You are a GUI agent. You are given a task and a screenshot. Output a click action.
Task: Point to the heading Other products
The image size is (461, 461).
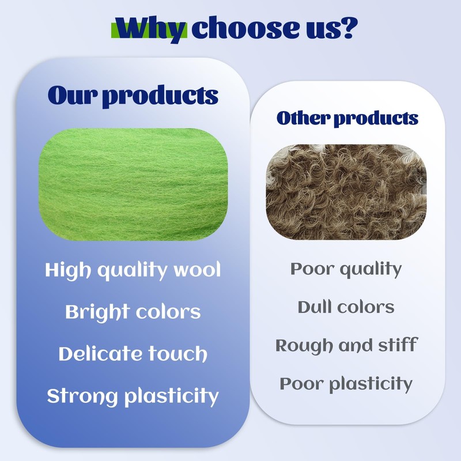tap(347, 118)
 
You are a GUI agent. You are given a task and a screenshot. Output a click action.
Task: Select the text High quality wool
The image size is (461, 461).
tap(133, 270)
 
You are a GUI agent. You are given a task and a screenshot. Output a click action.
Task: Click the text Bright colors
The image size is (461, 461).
tap(133, 312)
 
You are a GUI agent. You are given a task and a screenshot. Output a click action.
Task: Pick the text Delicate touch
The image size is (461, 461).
tap(133, 353)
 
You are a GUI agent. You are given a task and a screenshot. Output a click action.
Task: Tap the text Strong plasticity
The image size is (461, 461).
tap(133, 396)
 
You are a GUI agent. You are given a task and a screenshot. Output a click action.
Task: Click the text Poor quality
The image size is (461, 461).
tap(346, 269)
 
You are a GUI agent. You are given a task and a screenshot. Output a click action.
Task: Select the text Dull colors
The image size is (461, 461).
tap(346, 307)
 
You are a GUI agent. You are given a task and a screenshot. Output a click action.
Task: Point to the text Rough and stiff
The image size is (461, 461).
tap(346, 345)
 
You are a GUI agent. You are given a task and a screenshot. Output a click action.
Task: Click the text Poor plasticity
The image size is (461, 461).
tap(346, 384)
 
